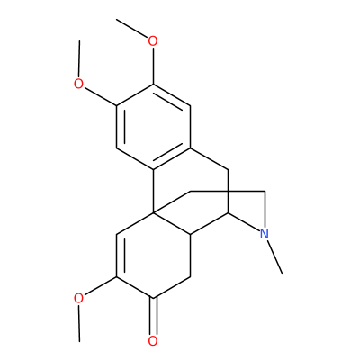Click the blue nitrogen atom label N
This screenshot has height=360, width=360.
click(264, 234)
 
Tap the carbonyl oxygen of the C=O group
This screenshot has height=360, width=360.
click(153, 341)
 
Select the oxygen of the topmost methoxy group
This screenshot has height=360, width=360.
click(153, 41)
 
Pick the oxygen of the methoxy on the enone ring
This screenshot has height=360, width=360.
click(78, 298)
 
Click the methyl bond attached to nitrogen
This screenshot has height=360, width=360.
click(274, 256)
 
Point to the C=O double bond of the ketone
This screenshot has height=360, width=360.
click(153, 316)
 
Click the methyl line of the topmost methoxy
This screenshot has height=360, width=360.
click(132, 29)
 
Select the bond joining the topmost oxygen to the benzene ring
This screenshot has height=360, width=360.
click(153, 66)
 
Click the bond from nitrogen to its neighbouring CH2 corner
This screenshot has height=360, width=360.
click(265, 210)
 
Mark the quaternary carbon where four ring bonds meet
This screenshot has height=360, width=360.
click(153, 212)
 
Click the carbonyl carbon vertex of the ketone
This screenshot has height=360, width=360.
click(153, 298)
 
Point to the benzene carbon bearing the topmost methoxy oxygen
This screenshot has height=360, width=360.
click(153, 85)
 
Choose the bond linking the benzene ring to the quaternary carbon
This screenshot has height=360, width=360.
click(153, 192)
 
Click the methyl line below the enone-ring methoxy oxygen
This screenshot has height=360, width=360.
click(79, 323)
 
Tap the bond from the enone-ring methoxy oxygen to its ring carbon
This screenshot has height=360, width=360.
click(100, 286)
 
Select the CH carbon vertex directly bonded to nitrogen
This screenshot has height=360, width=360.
click(228, 213)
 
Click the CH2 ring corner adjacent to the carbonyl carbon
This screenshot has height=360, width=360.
click(190, 276)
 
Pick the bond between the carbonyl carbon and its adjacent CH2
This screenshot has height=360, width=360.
click(172, 287)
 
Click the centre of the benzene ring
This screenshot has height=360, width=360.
click(153, 127)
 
